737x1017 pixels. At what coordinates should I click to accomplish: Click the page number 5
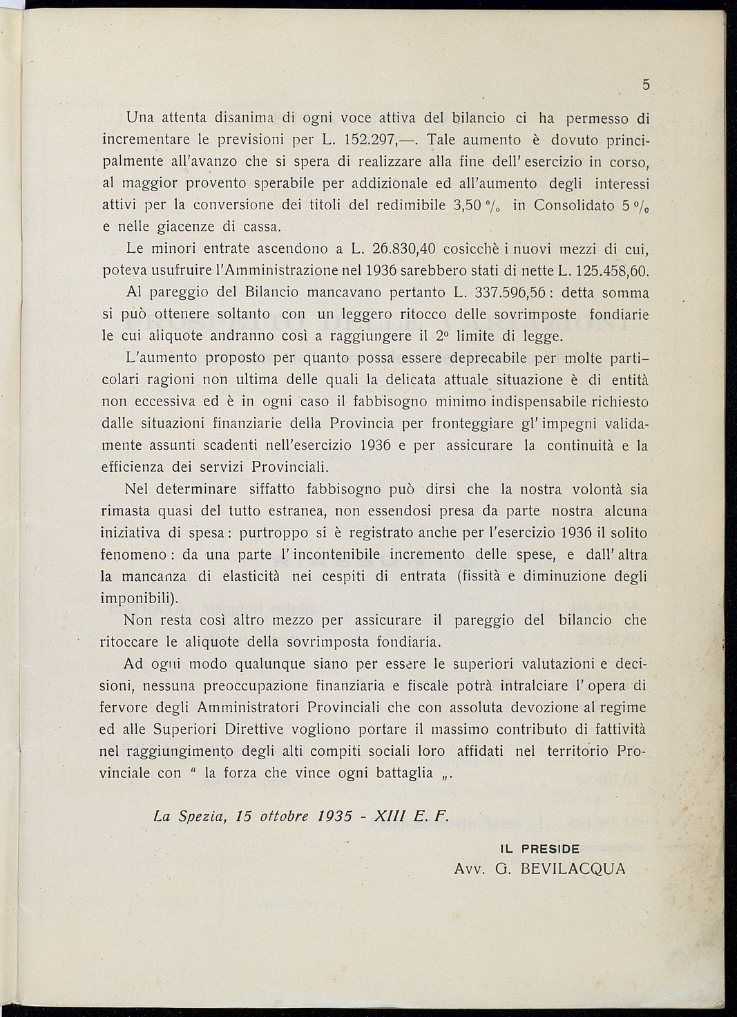coord(646,85)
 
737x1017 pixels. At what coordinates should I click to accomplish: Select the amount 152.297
coord(369,140)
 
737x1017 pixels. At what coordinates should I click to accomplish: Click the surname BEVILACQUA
coord(573,868)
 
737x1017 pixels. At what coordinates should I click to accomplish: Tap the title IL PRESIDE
coord(539,849)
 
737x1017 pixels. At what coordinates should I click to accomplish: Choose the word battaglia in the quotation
coord(405,773)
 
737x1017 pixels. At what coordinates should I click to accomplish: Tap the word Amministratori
coord(249,707)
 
